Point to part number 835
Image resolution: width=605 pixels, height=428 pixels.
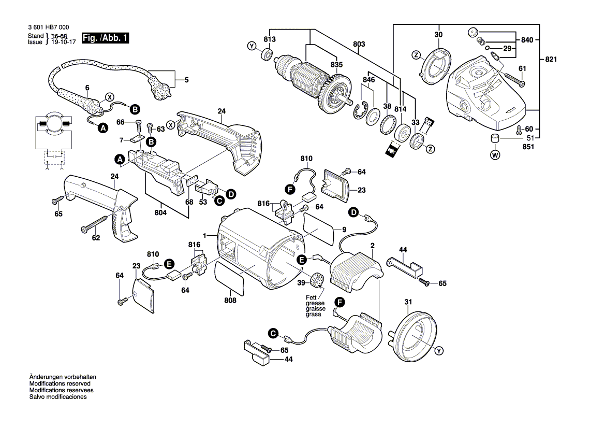click(x=336, y=64)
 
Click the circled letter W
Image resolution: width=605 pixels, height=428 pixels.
click(x=495, y=154)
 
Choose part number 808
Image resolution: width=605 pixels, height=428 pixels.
click(x=230, y=300)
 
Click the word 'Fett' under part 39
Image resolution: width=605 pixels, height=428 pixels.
click(x=312, y=297)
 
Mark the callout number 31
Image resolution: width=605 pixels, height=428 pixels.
click(x=408, y=302)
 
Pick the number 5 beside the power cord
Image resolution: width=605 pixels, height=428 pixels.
click(x=187, y=80)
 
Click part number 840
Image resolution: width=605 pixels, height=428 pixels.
click(x=527, y=40)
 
